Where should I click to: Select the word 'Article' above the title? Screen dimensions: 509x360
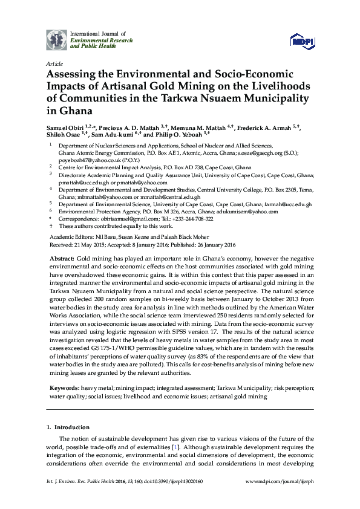(54, 63)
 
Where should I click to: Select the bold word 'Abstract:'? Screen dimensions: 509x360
(62, 258)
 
